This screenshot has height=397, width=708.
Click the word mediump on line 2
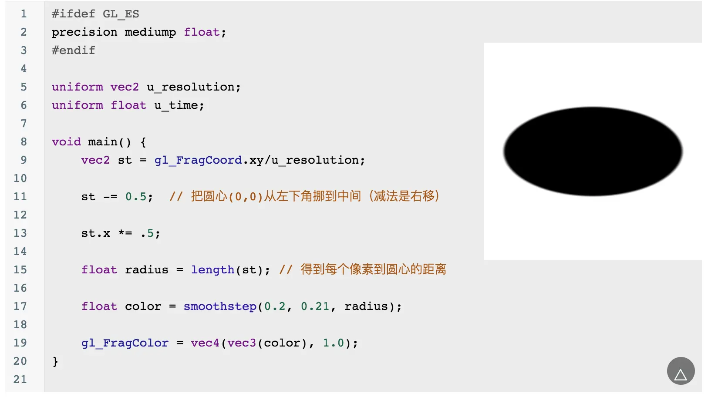150,32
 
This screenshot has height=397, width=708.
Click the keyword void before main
66,142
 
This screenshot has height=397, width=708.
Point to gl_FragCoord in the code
198,160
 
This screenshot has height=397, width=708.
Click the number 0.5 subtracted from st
136,197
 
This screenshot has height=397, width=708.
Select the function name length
212,270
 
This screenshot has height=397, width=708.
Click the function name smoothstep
220,306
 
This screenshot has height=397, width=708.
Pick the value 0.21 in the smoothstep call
315,306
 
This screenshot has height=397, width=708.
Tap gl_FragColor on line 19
125,343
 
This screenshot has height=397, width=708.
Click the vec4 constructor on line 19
205,343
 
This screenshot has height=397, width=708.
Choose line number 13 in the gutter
20,233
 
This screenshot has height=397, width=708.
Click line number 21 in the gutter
20,380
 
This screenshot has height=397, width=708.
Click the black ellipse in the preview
593,151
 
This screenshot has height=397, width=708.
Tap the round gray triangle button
681,371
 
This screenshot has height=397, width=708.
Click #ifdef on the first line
73,14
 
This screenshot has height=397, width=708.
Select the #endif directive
73,50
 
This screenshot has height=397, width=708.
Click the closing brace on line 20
55,361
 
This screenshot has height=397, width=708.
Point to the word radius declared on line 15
146,270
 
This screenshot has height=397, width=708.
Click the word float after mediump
202,32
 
